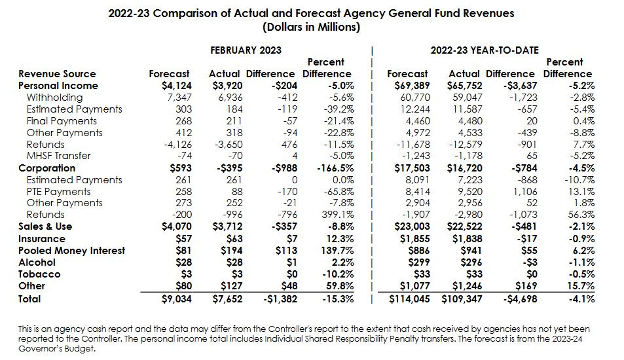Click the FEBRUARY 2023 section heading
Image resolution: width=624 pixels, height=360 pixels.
click(x=246, y=50)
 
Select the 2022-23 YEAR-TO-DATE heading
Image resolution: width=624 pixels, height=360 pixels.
click(x=484, y=50)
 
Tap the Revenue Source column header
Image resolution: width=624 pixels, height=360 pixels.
click(x=57, y=74)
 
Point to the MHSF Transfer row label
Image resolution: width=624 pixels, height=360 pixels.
click(x=58, y=156)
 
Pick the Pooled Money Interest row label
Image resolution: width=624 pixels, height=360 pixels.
click(x=72, y=251)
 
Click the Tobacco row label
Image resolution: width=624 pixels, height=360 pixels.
click(x=39, y=274)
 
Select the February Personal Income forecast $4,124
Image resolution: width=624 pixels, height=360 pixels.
click(x=175, y=86)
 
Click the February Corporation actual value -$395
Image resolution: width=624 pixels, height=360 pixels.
click(x=225, y=168)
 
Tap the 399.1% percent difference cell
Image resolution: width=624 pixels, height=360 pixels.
click(x=338, y=215)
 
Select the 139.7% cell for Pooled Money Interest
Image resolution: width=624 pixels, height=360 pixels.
click(x=338, y=251)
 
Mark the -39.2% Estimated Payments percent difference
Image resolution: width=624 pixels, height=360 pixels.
click(x=338, y=109)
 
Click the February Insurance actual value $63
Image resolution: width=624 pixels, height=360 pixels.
click(x=230, y=239)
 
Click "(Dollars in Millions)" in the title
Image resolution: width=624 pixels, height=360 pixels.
click(x=311, y=27)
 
